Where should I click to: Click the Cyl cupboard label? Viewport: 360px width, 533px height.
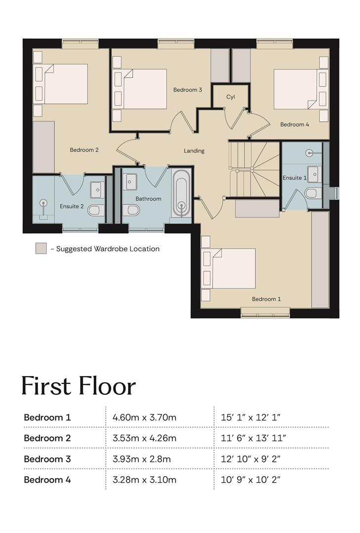[x=230, y=97]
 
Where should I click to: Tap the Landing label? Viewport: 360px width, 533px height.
[x=194, y=151]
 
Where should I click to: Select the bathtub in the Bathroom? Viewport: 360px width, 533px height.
[x=181, y=193]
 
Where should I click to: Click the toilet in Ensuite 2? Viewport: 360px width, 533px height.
[x=96, y=211]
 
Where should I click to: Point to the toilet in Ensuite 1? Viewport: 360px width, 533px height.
[x=313, y=193]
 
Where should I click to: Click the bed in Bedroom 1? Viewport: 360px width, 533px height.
[x=229, y=268]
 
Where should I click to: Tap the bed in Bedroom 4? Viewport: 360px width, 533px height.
[x=301, y=89]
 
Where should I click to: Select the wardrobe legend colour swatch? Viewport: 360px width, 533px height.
[x=41, y=248]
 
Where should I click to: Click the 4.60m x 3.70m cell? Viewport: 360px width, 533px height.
[x=144, y=417]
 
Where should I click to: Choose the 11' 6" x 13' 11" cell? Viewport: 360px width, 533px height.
[x=253, y=438]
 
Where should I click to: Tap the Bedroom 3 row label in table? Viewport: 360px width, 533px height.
[x=47, y=459]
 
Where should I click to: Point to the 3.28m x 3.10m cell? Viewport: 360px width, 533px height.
[x=144, y=480]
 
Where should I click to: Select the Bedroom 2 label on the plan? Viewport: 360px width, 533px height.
[x=84, y=150]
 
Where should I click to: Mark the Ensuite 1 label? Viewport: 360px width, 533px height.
[x=295, y=178]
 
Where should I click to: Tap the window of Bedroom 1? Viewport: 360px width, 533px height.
[x=265, y=313]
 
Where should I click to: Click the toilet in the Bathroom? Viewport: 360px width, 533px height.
[x=131, y=210]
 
